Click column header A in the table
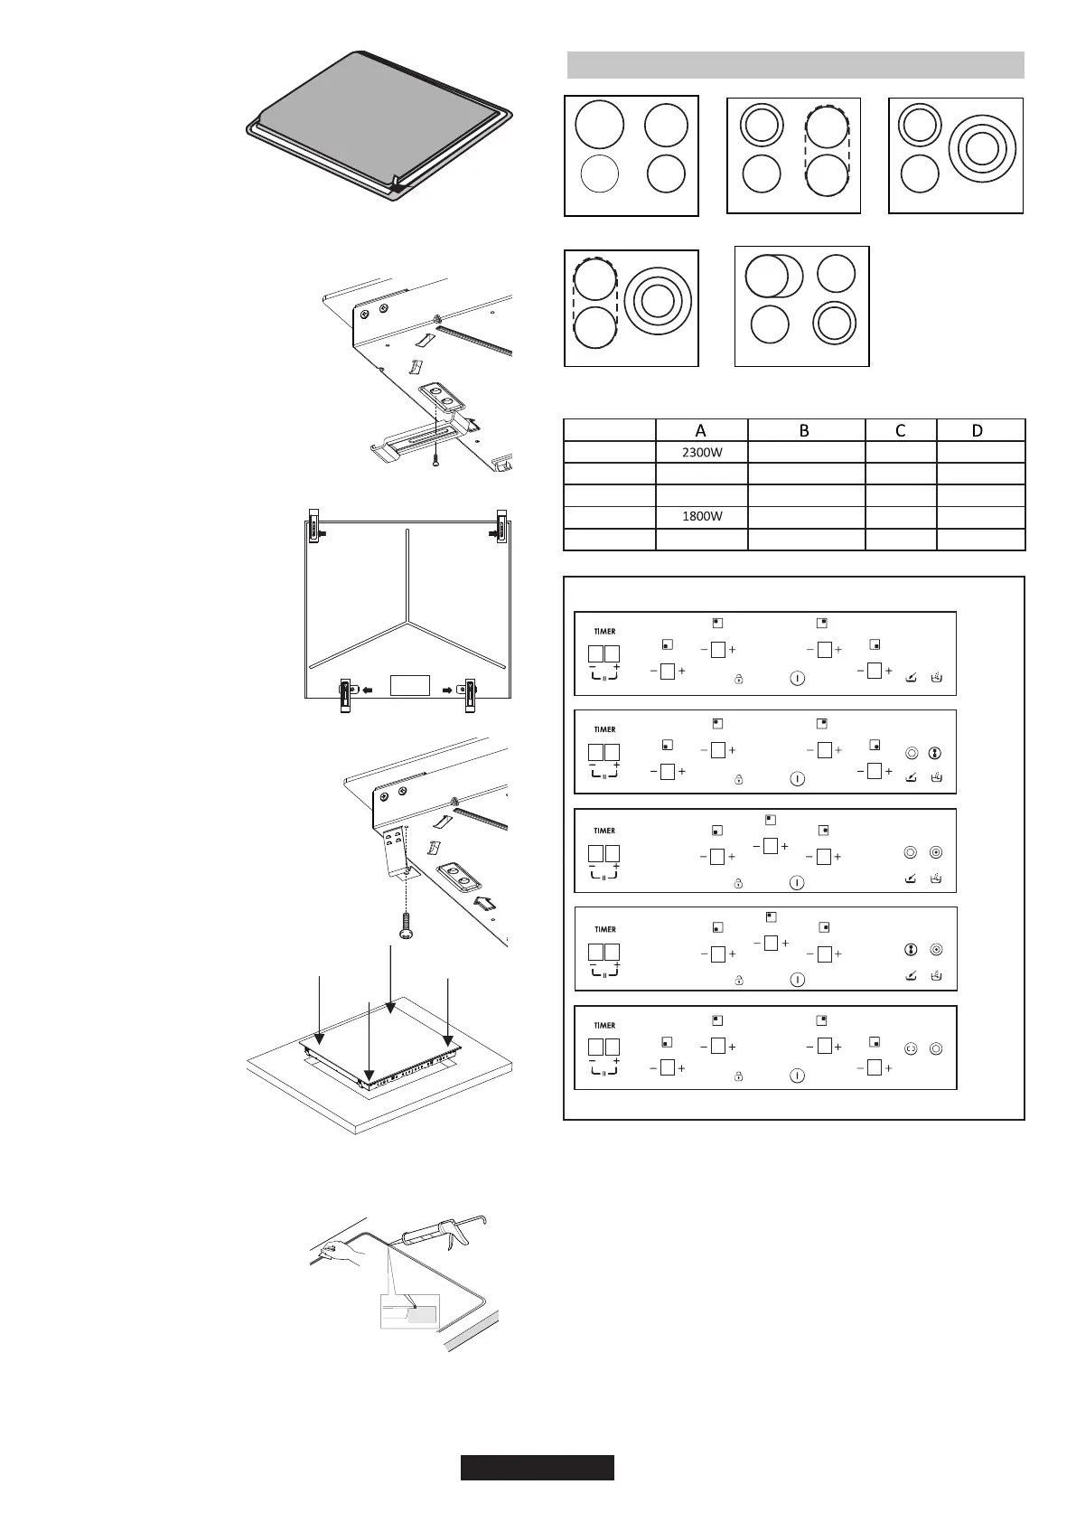point(701,430)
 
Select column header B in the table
point(805,430)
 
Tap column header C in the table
point(900,430)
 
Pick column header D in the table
point(978,430)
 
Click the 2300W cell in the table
point(701,452)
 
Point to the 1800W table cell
point(701,517)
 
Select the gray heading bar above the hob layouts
point(795,65)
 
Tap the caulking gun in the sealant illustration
point(443,1233)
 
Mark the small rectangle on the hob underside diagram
point(409,684)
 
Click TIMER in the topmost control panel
point(604,631)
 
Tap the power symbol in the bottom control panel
point(796,1076)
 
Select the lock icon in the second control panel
point(738,778)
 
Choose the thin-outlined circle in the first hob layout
point(599,174)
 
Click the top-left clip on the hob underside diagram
point(313,528)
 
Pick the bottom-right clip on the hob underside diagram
point(470,694)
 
